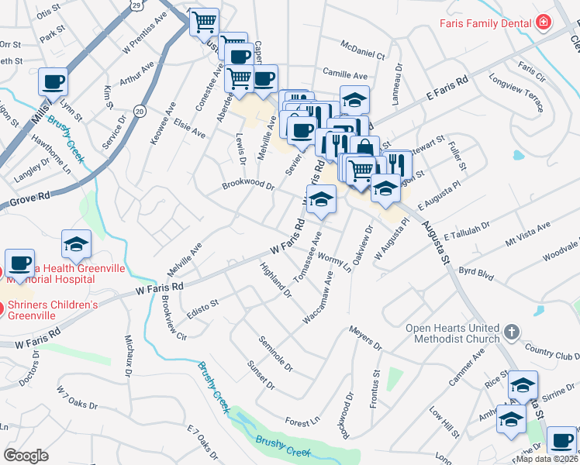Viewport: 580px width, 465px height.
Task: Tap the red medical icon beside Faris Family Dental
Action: coord(543,22)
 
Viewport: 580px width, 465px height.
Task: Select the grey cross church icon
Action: coord(510,333)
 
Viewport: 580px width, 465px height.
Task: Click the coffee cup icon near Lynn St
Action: coord(53,81)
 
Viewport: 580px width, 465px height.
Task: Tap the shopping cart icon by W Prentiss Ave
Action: coord(204,22)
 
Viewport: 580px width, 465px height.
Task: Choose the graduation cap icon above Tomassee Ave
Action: coord(321,199)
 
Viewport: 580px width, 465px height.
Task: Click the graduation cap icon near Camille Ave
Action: coord(354,99)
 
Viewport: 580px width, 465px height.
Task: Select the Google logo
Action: coord(26,456)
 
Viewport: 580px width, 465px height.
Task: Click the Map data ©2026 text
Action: coord(547,459)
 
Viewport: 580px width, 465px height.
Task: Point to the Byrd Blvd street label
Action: coord(477,272)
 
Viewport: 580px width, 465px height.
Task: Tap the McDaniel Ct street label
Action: coord(364,55)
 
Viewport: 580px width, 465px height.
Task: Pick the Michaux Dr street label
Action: coord(128,355)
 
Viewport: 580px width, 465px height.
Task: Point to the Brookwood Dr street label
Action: coord(248,186)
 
